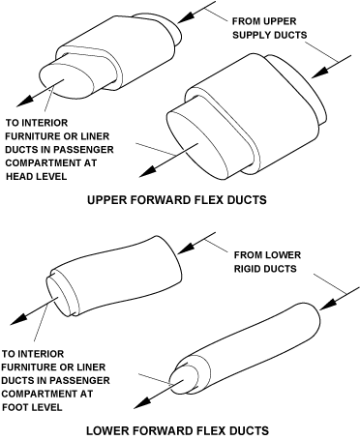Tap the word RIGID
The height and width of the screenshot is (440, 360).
(248, 269)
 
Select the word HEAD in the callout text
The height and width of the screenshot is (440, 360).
(17, 176)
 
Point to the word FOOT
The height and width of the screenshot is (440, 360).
(15, 407)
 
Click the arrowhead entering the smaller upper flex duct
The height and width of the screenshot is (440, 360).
(186, 17)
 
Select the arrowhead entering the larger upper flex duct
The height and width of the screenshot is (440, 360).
(320, 73)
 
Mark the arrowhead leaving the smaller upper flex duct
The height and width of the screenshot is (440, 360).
(25, 101)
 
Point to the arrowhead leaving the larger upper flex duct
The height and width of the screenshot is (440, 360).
(148, 171)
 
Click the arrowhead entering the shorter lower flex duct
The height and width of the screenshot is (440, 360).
(187, 248)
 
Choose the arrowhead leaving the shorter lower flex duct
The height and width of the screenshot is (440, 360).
(19, 318)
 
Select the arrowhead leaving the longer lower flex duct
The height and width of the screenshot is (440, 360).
(142, 402)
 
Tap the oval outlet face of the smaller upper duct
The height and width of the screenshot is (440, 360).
(66, 80)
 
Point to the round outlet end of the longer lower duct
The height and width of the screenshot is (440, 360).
(183, 378)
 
